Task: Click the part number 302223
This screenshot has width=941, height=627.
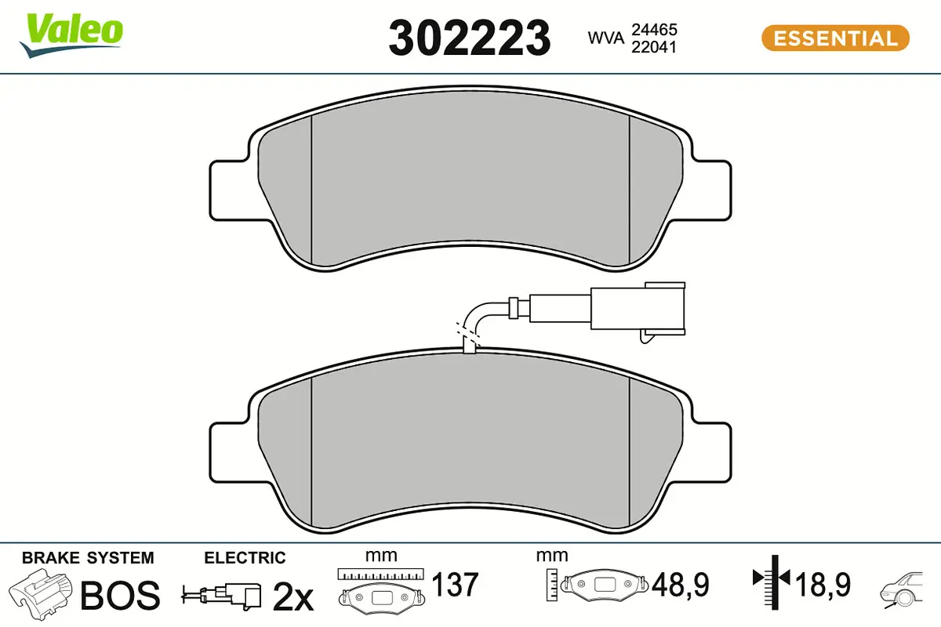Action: point(469,38)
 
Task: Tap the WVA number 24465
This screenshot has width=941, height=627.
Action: point(650,29)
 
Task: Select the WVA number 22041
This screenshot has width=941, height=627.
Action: point(650,47)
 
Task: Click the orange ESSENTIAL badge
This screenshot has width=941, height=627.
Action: point(835,38)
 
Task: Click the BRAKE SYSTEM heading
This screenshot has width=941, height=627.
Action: point(88,558)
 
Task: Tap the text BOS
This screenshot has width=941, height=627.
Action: point(120,596)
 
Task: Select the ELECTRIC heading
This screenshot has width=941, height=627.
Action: point(245,558)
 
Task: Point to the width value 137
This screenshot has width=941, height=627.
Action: point(456,585)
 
